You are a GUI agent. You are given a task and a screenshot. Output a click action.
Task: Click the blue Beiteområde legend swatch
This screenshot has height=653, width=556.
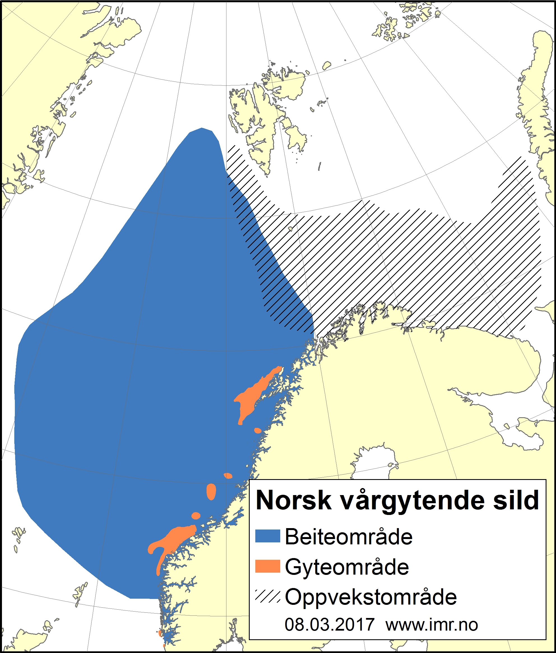coord(268,536)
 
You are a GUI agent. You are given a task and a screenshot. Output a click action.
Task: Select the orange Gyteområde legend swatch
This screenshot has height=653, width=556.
coord(268,566)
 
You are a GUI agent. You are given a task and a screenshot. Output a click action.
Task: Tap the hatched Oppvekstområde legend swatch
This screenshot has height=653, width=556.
coord(268,596)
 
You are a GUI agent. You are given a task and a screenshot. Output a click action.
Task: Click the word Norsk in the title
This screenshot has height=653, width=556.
coord(293,501)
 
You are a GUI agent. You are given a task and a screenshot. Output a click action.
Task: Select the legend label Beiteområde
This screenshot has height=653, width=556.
coord(349,537)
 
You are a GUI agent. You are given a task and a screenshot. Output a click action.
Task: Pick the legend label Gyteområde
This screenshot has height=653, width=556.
coord(347,567)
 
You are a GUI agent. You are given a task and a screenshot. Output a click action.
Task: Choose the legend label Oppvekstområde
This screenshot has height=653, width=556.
coord(371,597)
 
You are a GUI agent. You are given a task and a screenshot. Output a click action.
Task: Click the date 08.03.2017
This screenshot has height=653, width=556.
coord(329,625)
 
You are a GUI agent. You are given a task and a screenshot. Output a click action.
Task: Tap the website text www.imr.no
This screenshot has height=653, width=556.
coord(432,625)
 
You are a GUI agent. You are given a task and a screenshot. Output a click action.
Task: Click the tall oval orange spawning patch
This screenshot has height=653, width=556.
coord(211,491)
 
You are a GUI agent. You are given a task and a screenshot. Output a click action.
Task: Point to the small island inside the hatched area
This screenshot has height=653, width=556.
coord(290,229)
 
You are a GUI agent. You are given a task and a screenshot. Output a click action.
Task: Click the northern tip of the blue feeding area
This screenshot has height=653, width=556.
coord(202,130)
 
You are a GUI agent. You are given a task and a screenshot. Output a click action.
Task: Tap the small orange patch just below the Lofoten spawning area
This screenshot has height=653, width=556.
coord(258,430)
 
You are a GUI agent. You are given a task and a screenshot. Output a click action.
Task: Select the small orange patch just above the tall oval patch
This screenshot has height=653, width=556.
coord(228,476)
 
